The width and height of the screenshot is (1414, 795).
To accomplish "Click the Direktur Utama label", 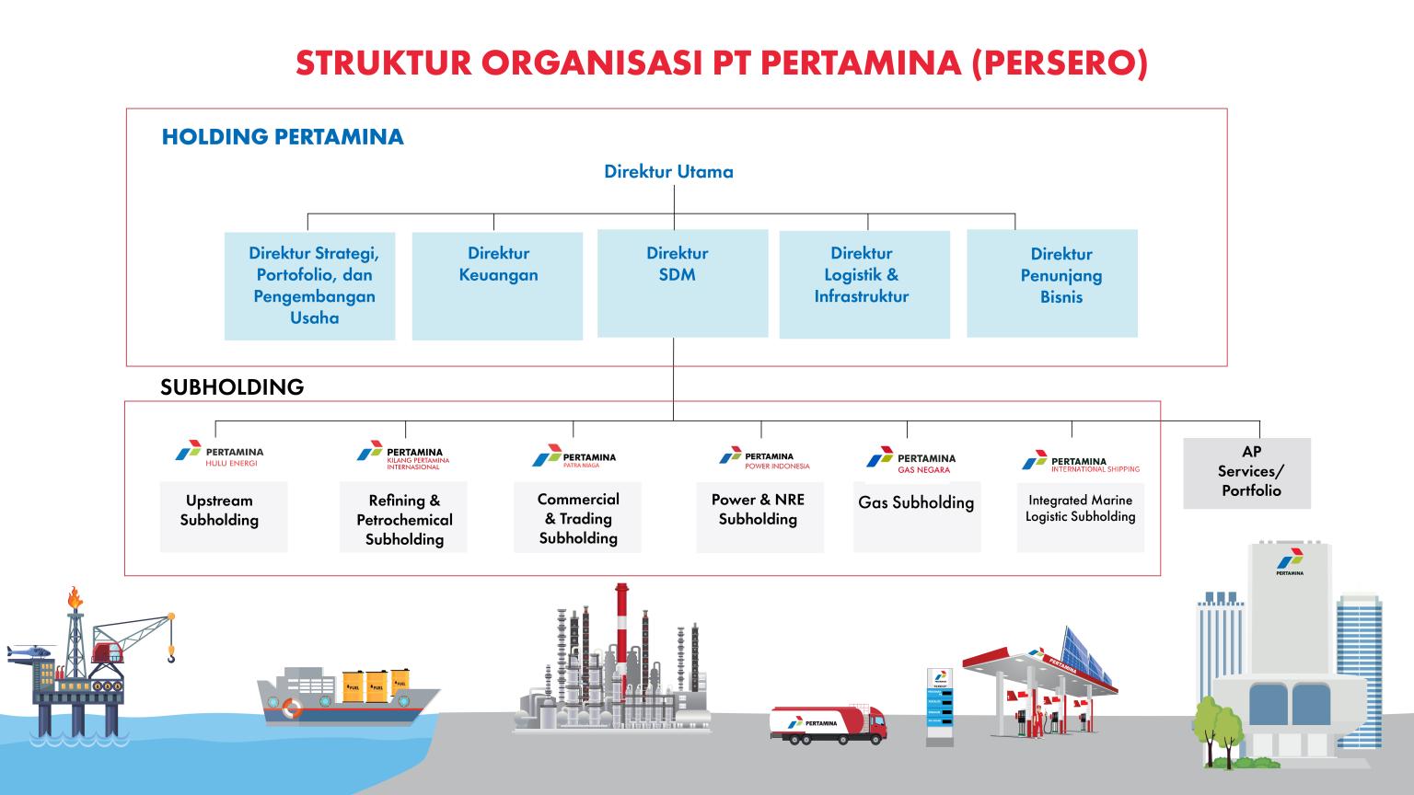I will click(x=668, y=172).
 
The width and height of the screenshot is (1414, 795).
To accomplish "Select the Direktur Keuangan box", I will click(x=497, y=285).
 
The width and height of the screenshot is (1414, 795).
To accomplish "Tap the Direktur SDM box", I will click(x=682, y=282).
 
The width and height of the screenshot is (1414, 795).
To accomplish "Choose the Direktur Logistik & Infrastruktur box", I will click(x=864, y=284).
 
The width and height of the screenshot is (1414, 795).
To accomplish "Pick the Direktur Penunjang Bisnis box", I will click(x=1051, y=283).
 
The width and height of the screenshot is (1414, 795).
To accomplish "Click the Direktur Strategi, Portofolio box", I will click(x=310, y=285).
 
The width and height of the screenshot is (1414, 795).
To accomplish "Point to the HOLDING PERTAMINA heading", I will click(x=283, y=138).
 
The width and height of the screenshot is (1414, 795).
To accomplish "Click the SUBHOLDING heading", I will click(x=232, y=387).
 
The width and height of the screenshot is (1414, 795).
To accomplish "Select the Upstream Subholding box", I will click(x=224, y=515).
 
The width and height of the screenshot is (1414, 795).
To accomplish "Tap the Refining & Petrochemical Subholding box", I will click(x=403, y=517).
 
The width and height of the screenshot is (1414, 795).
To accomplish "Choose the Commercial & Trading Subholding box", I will click(x=577, y=516).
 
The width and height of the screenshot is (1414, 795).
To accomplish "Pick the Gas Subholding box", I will click(x=917, y=515).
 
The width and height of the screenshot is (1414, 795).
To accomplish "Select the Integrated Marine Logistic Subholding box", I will click(x=1080, y=515).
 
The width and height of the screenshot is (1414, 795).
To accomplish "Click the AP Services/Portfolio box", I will click(x=1246, y=473).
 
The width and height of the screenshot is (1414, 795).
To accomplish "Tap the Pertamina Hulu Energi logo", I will click(x=219, y=455).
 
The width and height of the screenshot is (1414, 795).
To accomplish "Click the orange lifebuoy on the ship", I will click(x=292, y=708).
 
